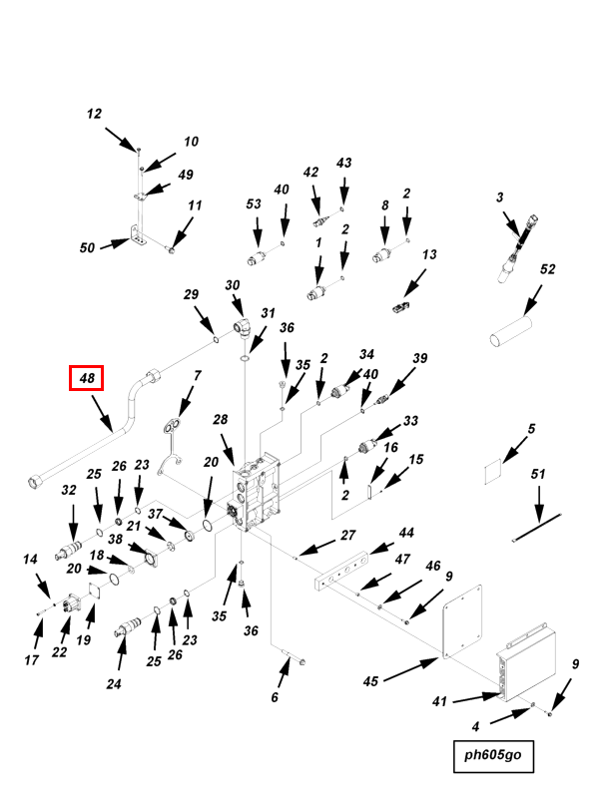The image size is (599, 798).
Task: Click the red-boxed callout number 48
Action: click(x=86, y=379)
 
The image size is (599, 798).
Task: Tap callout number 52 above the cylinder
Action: click(x=547, y=269)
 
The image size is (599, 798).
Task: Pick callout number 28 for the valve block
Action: click(x=221, y=420)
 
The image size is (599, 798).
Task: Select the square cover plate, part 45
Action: click(x=463, y=626)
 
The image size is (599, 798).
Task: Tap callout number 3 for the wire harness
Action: click(x=500, y=199)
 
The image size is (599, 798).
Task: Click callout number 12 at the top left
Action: click(x=94, y=115)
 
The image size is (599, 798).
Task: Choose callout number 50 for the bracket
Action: click(x=87, y=246)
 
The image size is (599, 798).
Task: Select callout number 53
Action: click(x=254, y=204)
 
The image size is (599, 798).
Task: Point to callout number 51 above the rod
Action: click(x=538, y=475)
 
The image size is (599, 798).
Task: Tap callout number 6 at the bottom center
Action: click(x=275, y=697)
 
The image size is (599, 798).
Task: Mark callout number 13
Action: click(x=429, y=255)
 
